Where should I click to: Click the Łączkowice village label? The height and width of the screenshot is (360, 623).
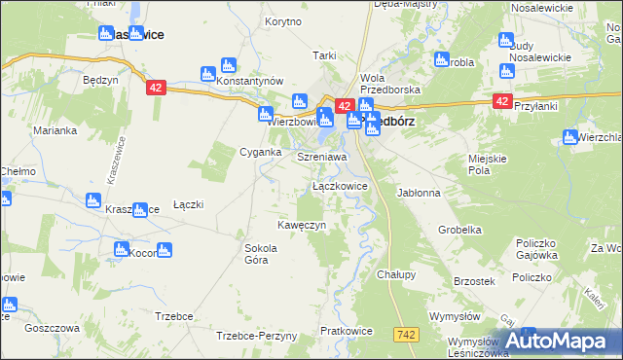click(x=340, y=185)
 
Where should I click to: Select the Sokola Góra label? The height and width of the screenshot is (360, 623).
click(x=261, y=254)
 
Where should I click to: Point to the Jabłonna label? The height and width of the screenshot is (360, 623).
click(x=419, y=193)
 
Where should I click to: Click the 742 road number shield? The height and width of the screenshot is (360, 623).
click(x=408, y=334)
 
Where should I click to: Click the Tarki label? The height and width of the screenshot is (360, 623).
click(x=323, y=55)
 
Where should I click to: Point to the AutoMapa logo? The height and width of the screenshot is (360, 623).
click(x=559, y=341)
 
